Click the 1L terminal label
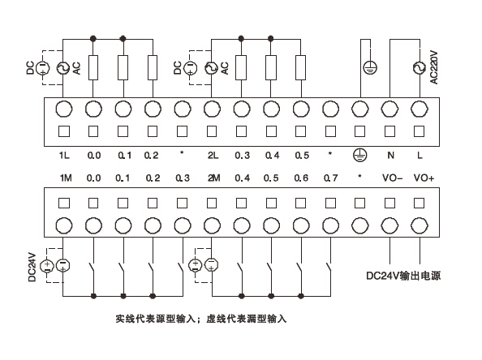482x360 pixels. coord(63,154)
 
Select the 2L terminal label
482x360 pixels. coord(212,154)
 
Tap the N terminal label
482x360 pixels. coord(389,154)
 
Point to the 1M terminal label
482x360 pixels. coord(63,178)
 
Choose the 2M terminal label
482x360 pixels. coord(212,178)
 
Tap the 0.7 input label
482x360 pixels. coord(330,178)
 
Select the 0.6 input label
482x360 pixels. coord(301,178)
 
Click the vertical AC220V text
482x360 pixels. coord(435,69)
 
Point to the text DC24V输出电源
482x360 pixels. coord(404,276)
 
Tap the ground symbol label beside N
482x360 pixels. coord(360,154)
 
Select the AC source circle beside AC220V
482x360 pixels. coord(420,69)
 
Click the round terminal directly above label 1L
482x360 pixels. coord(63,109)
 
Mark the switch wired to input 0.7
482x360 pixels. coord(329,265)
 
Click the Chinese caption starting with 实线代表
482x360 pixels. coord(201,319)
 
